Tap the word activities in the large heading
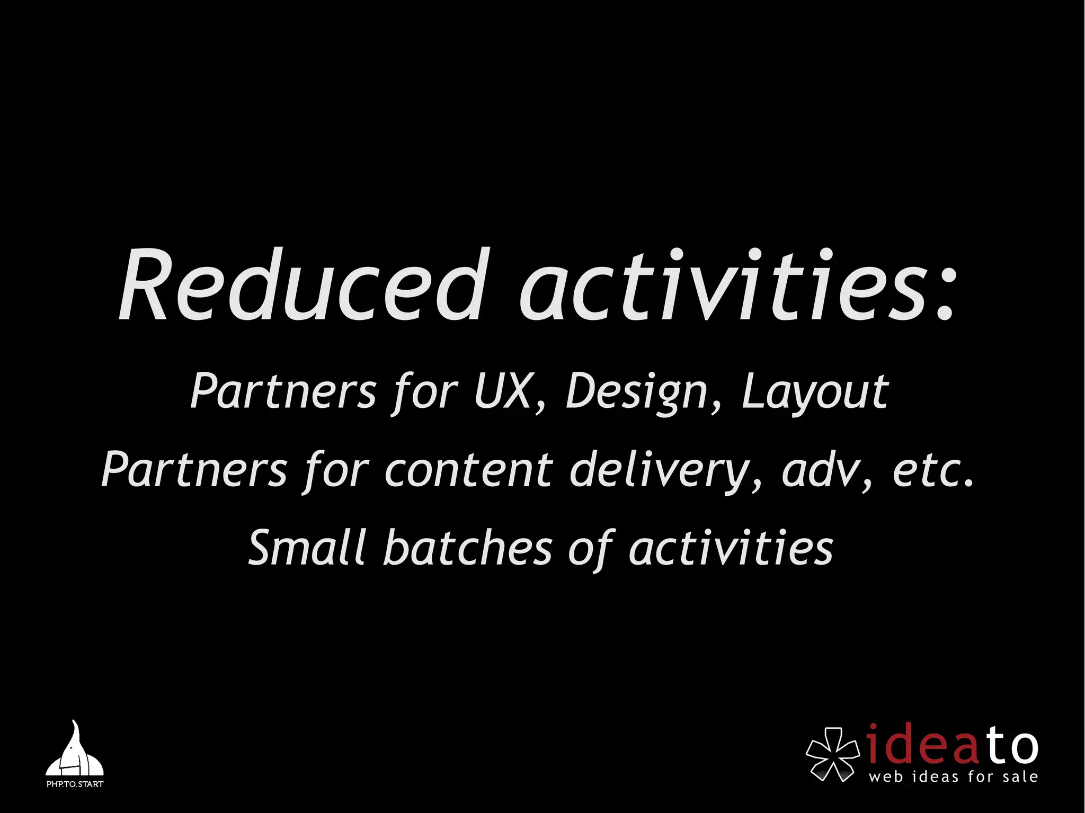[x=723, y=286]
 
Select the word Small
[x=307, y=548]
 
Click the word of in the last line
[x=591, y=549]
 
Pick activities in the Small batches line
[x=731, y=548]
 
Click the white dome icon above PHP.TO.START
[x=74, y=752]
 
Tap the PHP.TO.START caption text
[x=75, y=784]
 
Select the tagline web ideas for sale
[x=953, y=777]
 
